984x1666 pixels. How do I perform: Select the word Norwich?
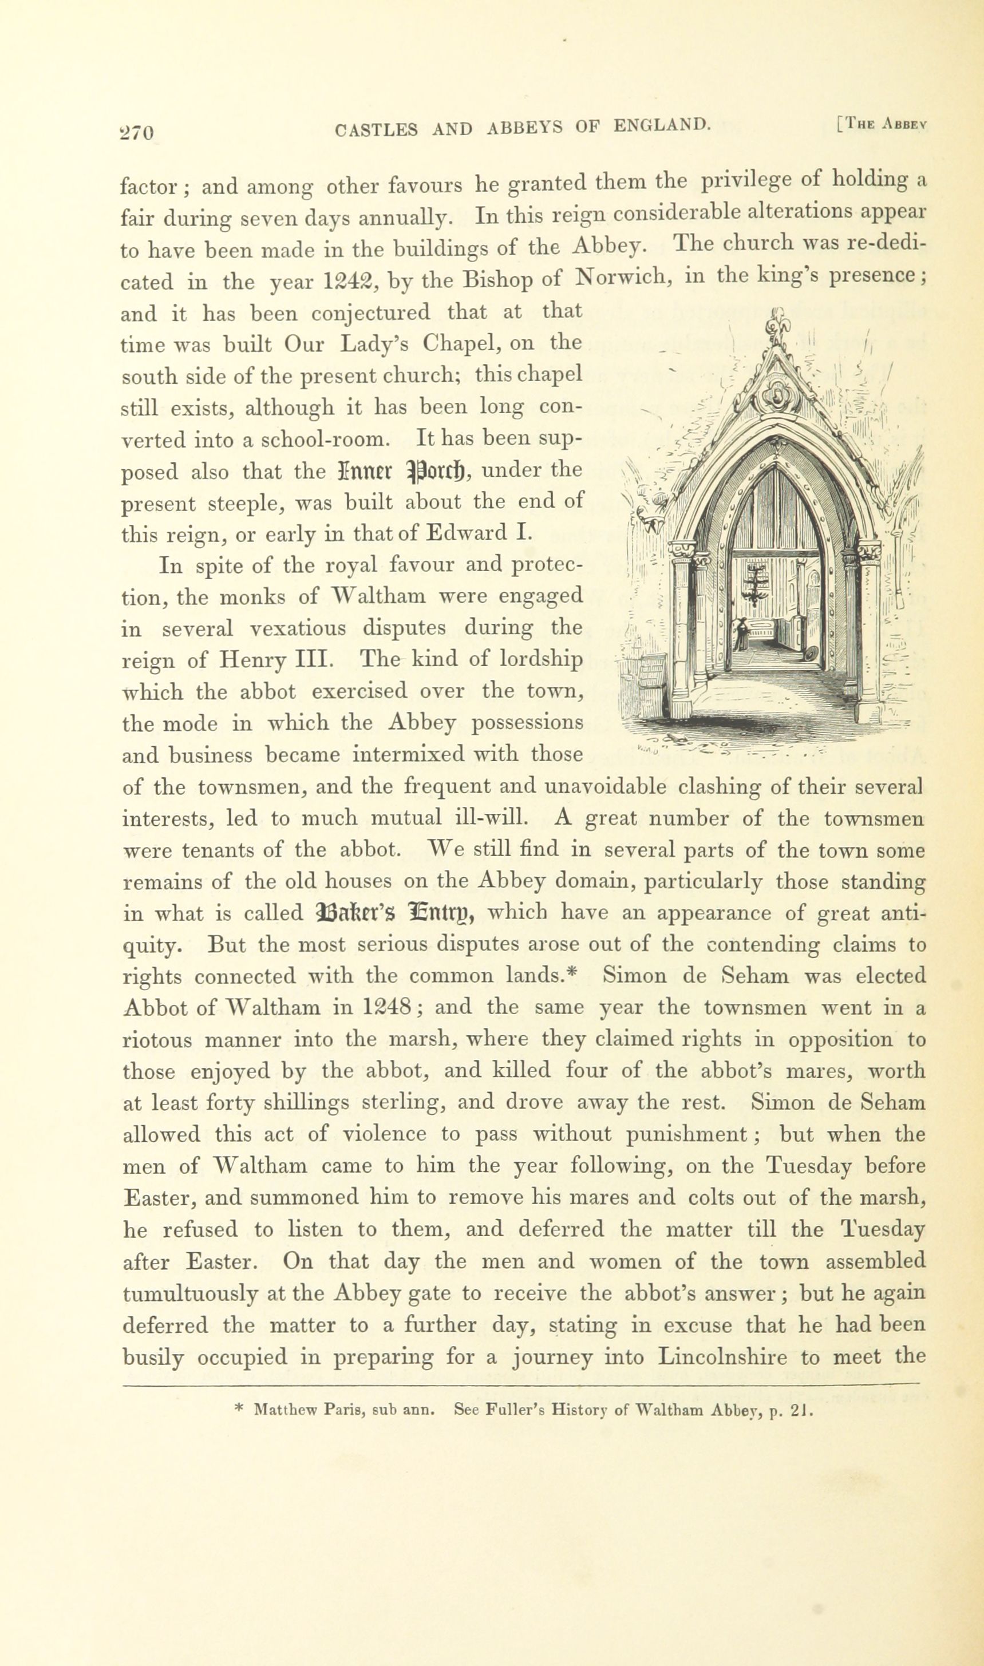point(623,276)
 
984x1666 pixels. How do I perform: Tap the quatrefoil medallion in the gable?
point(775,397)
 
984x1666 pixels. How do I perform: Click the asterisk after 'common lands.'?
point(574,975)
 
